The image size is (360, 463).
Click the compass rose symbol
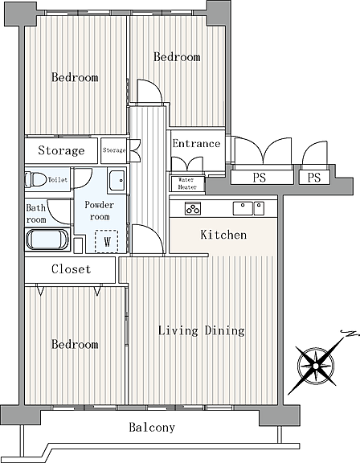(x=316, y=367)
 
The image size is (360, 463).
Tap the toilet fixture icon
(x=35, y=179)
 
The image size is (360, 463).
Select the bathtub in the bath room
(x=47, y=240)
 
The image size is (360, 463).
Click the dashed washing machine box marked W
(x=106, y=241)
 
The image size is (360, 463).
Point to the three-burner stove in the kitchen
(x=193, y=208)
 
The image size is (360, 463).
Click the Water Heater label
(x=187, y=183)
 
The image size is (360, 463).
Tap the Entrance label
(x=196, y=144)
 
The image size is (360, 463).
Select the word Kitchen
(x=223, y=235)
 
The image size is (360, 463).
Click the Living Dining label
(x=202, y=330)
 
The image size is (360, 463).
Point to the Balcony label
(x=152, y=428)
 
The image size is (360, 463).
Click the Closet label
(x=71, y=269)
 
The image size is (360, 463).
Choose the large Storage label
(x=61, y=150)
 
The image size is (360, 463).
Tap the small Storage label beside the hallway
(x=114, y=150)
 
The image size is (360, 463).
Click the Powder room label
(x=100, y=211)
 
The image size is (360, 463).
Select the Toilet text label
(x=58, y=179)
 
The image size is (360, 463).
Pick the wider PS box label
(x=259, y=178)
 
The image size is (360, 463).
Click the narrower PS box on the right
(x=314, y=178)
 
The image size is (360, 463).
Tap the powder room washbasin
(x=117, y=180)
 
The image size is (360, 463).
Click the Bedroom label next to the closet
(x=75, y=344)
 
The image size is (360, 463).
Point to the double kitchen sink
(x=248, y=208)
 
